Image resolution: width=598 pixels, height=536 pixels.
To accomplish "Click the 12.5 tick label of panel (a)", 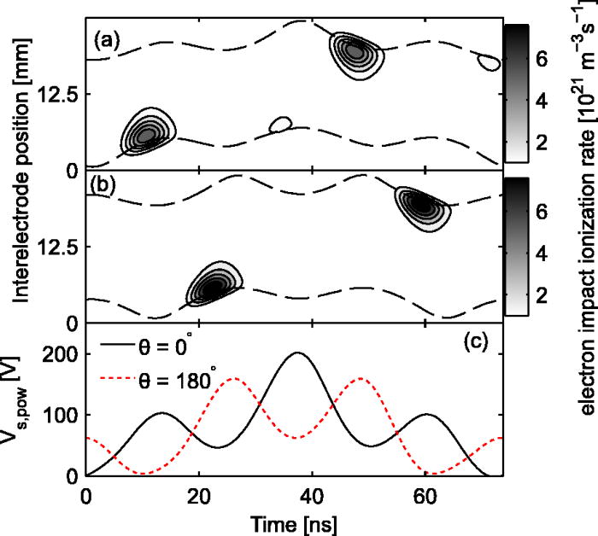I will coord(60,94).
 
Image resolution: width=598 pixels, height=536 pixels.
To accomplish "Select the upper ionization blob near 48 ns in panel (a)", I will coord(355,52).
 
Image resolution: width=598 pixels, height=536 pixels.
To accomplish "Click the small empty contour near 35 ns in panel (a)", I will coord(279,125).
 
